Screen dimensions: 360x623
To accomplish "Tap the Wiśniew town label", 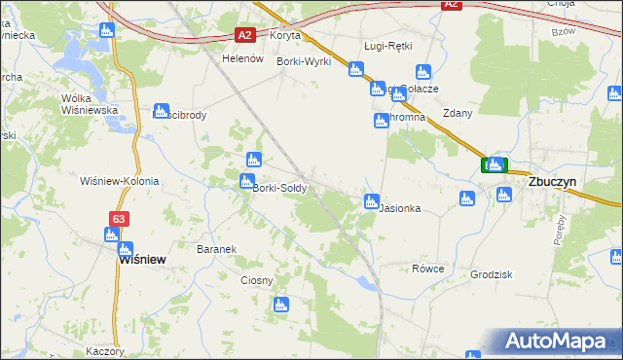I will click(x=141, y=260).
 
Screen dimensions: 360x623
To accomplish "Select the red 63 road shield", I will click(x=118, y=220).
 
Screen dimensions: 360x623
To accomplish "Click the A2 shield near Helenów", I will click(x=245, y=36).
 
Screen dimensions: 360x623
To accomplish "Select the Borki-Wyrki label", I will click(x=305, y=61).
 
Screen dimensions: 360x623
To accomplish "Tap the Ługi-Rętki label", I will click(x=388, y=46).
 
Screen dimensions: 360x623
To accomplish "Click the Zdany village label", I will click(x=458, y=113).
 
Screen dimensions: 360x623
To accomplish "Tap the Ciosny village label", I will click(x=257, y=280).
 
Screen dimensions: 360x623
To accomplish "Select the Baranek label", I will click(x=217, y=249).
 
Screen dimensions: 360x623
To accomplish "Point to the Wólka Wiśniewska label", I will click(x=90, y=104).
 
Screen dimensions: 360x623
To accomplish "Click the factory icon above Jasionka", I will click(x=371, y=201).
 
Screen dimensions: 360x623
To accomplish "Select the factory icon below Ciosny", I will click(x=281, y=306).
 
